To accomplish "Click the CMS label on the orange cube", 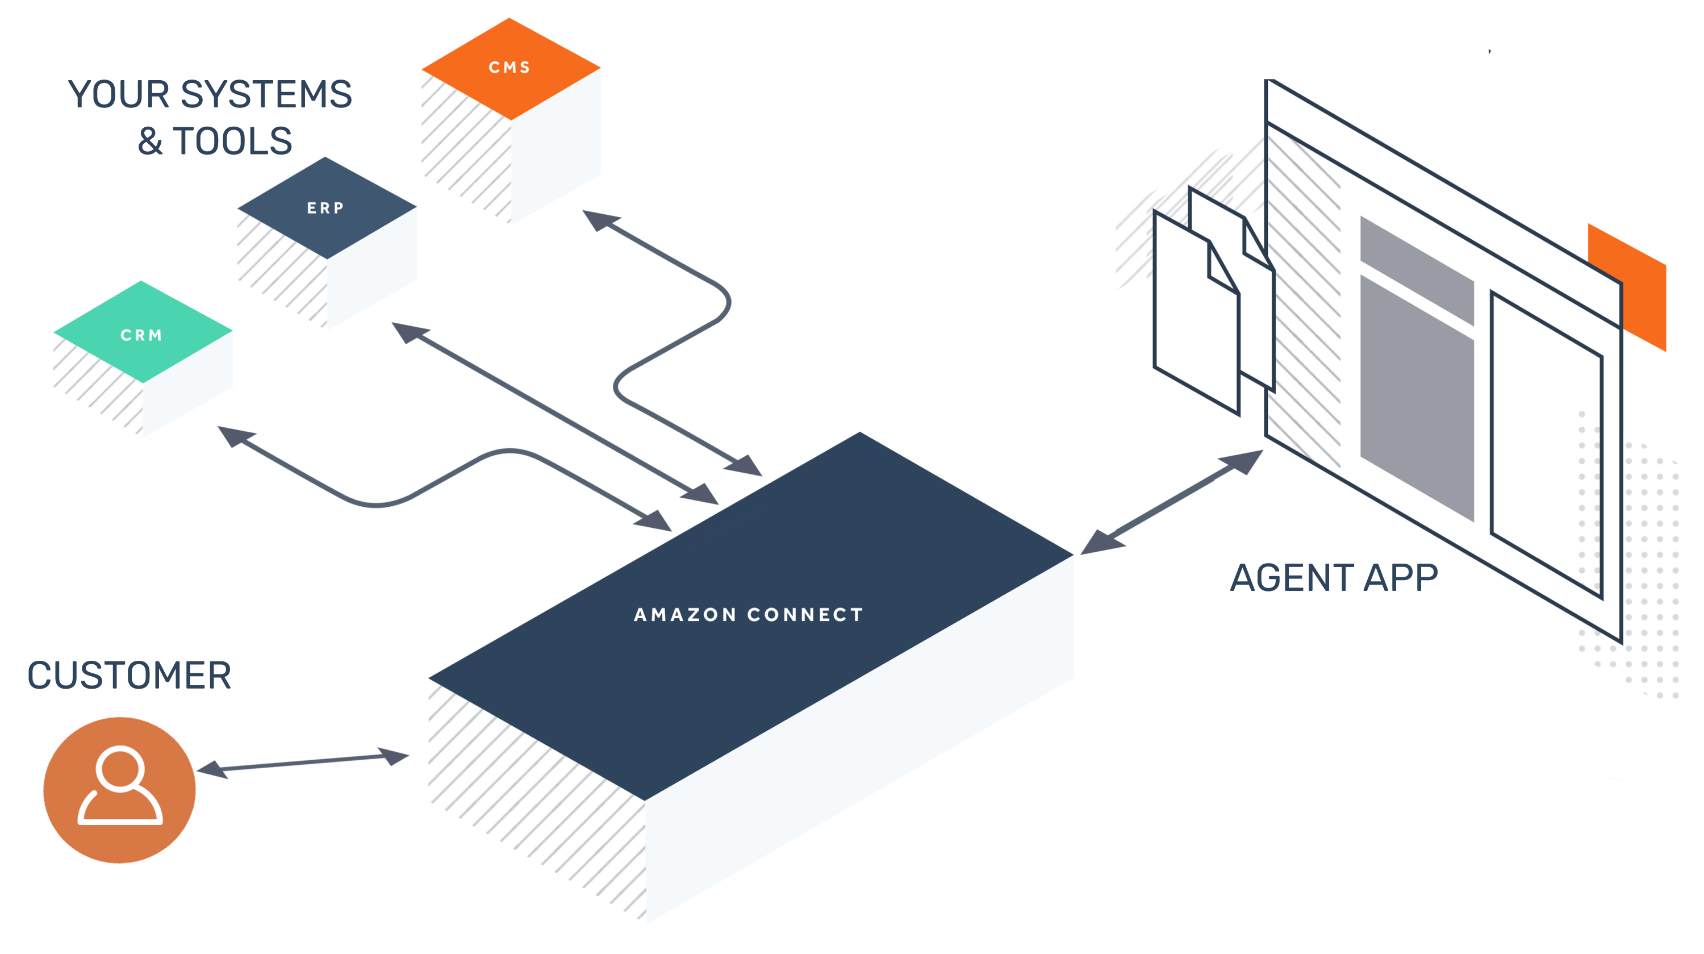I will tap(509, 68).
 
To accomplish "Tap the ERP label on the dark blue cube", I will tap(325, 208).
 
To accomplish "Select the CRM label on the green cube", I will tap(141, 335).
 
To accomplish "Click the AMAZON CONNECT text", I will tap(748, 615).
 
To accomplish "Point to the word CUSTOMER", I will tap(129, 676).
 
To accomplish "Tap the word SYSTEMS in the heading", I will tap(266, 95).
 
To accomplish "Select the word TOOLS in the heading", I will tap(232, 141).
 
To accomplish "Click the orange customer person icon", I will tap(120, 789).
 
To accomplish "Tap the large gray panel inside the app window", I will tap(1416, 397).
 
